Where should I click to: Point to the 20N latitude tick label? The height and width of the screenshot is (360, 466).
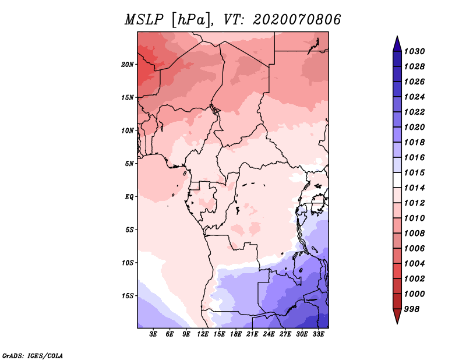(x=128, y=64)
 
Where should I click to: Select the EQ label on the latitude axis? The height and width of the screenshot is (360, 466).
(x=129, y=196)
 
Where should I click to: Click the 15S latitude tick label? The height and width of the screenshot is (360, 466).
(x=128, y=295)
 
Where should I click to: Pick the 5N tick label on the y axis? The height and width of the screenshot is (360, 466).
(x=129, y=163)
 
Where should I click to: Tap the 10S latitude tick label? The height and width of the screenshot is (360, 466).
(x=128, y=262)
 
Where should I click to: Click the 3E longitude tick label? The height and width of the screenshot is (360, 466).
(x=154, y=334)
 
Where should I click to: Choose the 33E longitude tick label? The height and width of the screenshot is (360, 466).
(x=318, y=334)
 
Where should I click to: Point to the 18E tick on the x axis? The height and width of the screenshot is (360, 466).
(x=236, y=334)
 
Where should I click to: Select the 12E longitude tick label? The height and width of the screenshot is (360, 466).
(x=203, y=334)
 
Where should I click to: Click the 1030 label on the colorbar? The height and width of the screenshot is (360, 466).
(x=416, y=51)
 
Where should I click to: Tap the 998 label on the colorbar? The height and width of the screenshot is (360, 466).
(x=414, y=309)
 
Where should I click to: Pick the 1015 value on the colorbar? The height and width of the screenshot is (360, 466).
(x=416, y=173)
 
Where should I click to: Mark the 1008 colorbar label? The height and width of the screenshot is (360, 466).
(x=416, y=233)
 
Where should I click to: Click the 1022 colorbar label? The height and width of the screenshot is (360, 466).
(x=416, y=112)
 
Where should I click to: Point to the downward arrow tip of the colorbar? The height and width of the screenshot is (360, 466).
(x=396, y=322)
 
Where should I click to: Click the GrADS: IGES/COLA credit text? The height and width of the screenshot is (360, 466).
(x=32, y=355)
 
